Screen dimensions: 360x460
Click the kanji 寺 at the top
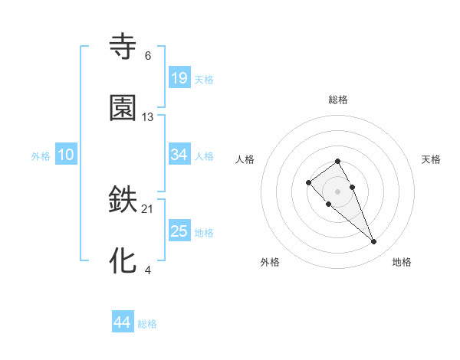[123, 46]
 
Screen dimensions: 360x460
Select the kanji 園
[123, 107]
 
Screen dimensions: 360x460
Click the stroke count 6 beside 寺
[147, 55]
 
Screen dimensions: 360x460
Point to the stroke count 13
[147, 117]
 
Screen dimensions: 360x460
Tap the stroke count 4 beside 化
[147, 270]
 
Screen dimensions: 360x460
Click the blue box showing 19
[179, 77]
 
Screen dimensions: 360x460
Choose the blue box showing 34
[179, 155]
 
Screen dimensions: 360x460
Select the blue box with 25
[179, 231]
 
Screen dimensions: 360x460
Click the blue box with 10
[66, 155]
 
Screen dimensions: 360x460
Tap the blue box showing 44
[122, 322]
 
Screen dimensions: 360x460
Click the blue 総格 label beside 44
[147, 324]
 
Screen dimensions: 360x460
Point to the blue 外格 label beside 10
[41, 156]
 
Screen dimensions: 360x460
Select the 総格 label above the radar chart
[338, 100]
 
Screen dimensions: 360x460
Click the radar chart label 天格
[432, 159]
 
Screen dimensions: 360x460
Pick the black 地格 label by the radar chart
[402, 262]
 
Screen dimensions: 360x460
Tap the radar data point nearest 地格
[374, 242]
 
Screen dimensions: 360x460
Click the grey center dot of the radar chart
[338, 191]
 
